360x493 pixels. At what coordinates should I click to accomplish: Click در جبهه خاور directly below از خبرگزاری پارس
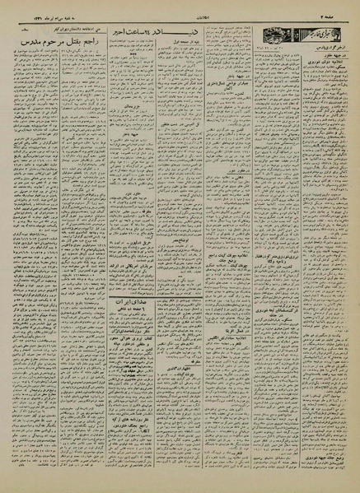point(330,68)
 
